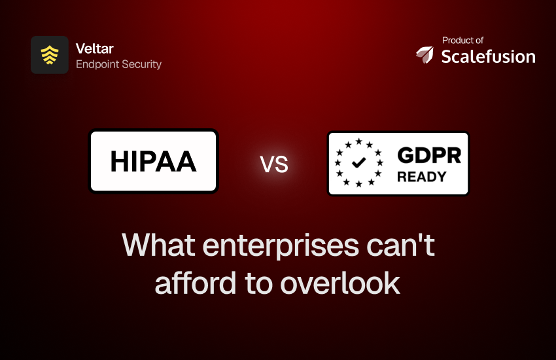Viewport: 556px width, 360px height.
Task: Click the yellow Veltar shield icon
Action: click(x=50, y=55)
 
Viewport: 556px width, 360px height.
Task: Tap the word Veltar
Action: click(x=95, y=48)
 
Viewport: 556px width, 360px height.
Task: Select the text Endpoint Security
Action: click(x=118, y=64)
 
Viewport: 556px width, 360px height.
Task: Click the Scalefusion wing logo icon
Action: click(x=425, y=54)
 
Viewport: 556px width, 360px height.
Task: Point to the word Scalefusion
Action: click(x=488, y=57)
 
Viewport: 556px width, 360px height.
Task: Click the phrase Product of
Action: click(x=462, y=41)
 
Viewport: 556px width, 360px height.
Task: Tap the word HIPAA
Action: click(x=153, y=162)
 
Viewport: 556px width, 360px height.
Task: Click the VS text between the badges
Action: click(x=274, y=164)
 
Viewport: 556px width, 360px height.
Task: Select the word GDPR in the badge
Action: click(x=429, y=155)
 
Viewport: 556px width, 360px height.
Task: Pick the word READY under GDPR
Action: click(x=422, y=177)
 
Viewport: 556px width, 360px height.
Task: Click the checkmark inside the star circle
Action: click(x=359, y=163)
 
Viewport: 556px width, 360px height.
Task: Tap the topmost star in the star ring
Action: click(x=359, y=141)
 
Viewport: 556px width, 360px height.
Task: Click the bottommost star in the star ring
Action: click(x=359, y=184)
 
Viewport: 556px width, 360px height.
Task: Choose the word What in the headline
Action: click(x=158, y=245)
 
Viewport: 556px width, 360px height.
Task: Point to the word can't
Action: click(x=401, y=245)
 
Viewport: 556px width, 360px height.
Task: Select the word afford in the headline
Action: click(x=196, y=283)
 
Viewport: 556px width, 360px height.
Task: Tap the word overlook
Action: click(x=340, y=283)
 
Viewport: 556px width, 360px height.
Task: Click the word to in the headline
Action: click(x=258, y=283)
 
